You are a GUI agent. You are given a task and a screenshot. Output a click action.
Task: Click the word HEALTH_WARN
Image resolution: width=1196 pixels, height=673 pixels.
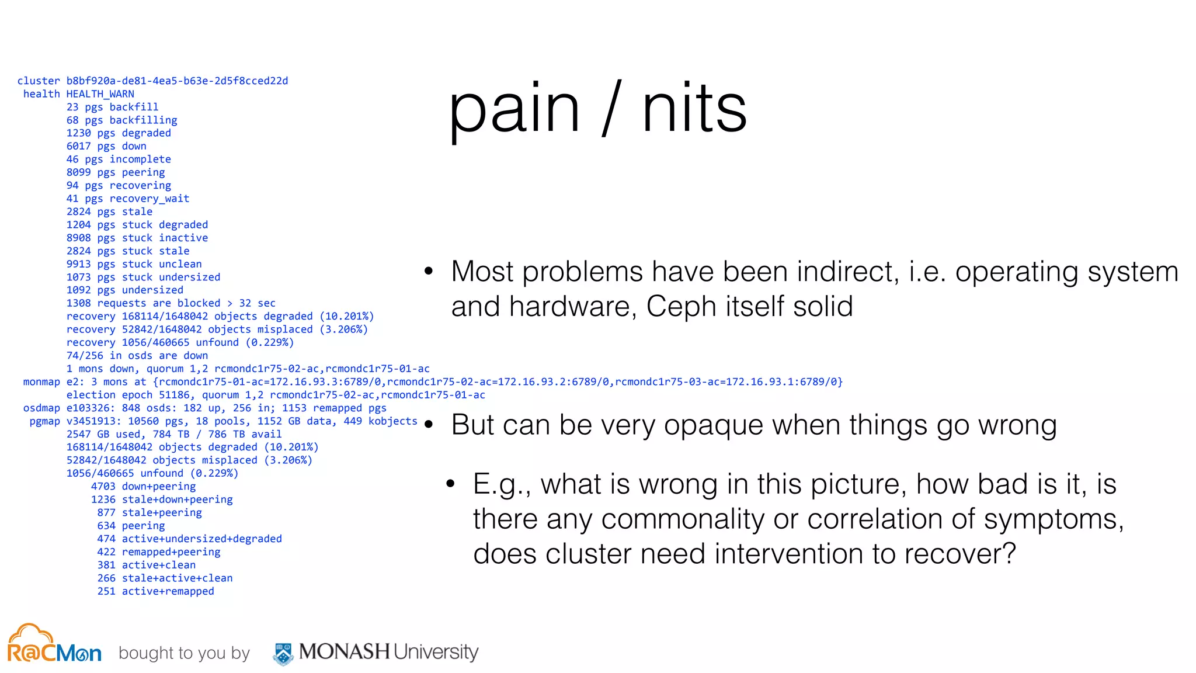[100, 94]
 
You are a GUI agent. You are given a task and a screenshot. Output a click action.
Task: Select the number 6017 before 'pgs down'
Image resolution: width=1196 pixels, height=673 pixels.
[78, 146]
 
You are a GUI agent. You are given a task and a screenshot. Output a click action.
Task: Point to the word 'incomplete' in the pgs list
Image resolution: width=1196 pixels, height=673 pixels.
[140, 159]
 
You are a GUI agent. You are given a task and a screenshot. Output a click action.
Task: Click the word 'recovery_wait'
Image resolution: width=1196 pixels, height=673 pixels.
[149, 199]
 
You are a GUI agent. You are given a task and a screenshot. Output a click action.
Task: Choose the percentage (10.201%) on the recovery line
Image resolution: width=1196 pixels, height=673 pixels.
[346, 316]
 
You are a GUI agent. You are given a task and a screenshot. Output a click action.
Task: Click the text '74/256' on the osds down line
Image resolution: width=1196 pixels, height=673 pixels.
[85, 356]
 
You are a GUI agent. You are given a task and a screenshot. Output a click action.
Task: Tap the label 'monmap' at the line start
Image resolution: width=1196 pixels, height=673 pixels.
[41, 382]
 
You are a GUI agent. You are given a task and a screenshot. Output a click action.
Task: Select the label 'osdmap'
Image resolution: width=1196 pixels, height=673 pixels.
[41, 408]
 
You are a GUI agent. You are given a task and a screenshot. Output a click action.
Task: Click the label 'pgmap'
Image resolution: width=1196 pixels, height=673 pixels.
[44, 421]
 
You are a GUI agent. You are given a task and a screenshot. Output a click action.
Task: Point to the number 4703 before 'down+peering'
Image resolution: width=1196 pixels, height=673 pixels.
[103, 487]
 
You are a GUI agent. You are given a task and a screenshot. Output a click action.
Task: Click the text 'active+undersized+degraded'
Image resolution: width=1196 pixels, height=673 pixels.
[201, 539]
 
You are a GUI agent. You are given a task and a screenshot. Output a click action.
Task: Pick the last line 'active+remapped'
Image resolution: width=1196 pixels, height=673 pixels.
[168, 591]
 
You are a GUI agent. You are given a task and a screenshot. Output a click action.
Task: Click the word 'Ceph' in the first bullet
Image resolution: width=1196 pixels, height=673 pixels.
[681, 307]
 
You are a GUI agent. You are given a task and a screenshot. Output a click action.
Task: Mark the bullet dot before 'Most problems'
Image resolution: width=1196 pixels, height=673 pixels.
[429, 271]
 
